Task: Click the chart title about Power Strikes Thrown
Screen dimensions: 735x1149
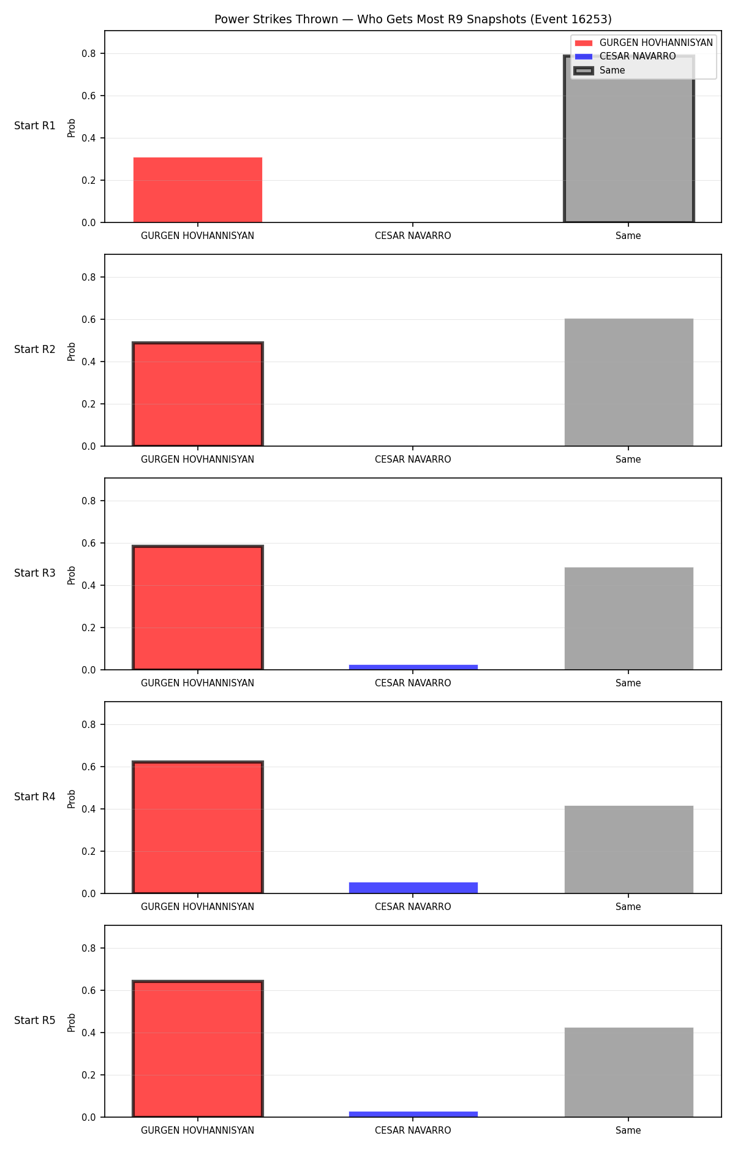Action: (413, 20)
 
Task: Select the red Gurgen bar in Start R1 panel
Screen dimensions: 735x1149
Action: (198, 190)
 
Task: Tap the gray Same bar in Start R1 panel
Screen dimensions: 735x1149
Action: (629, 139)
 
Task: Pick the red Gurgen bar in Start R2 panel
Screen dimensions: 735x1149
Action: (198, 394)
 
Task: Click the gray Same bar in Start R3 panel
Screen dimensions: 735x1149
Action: (629, 618)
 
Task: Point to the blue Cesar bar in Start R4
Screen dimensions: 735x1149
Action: (413, 888)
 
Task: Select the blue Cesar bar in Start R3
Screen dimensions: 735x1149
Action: (413, 667)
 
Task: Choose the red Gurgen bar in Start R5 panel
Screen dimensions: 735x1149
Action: (198, 1049)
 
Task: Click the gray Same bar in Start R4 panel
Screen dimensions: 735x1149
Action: (629, 849)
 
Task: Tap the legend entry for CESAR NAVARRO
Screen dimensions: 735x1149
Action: (638, 56)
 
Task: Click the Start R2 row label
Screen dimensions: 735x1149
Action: (35, 349)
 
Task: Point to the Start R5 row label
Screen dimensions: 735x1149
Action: (35, 1020)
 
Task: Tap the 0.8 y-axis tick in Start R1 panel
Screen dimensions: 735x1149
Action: (89, 54)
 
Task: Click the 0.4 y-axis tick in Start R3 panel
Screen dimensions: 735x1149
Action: (89, 586)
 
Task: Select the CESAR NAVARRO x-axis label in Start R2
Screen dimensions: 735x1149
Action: (413, 460)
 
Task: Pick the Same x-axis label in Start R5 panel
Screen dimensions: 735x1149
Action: (628, 1131)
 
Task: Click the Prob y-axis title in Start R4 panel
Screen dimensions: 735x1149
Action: (72, 798)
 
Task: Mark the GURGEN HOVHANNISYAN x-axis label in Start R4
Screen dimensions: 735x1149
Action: (197, 907)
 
